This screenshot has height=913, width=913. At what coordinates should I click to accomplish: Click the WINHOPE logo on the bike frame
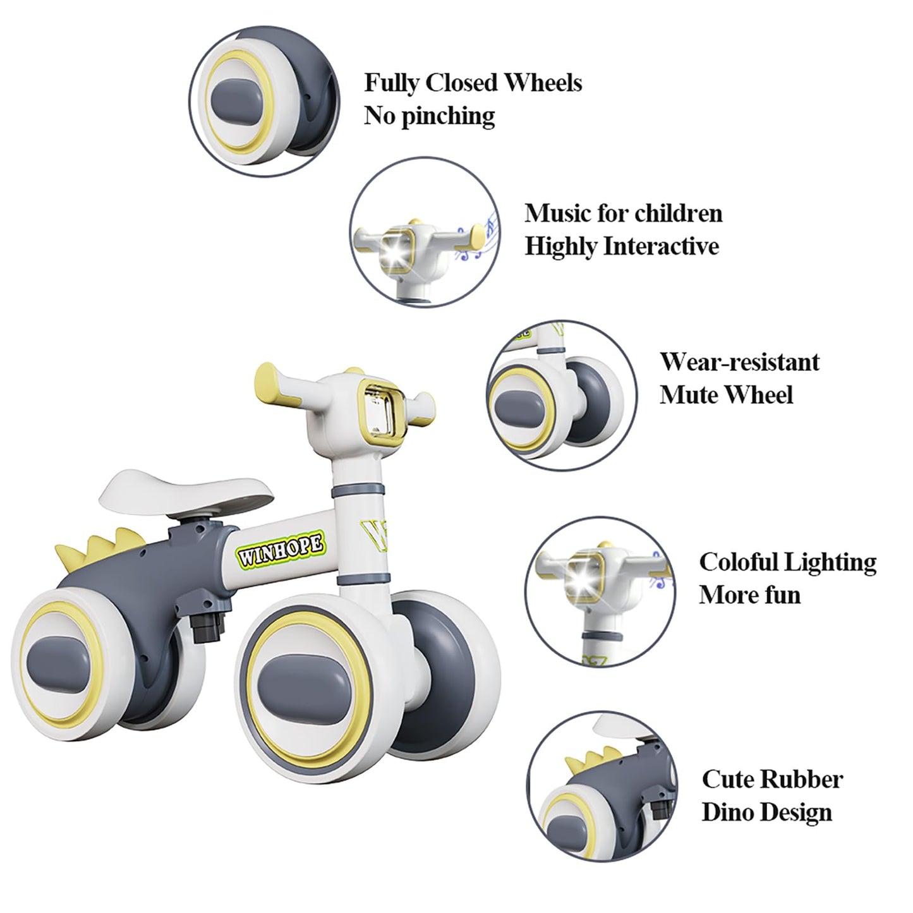coord(281,550)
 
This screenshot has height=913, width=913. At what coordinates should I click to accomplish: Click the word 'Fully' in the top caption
coord(391,84)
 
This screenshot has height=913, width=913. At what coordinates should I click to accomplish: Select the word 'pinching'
coord(448,116)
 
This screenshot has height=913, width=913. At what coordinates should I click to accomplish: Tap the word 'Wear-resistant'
coord(740,363)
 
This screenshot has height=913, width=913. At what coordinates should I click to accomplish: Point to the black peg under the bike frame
coord(207,624)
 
